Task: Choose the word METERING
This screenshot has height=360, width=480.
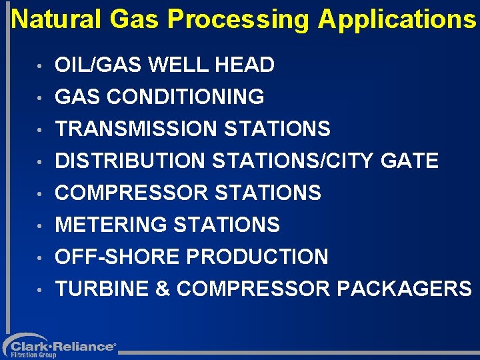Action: [x=111, y=225]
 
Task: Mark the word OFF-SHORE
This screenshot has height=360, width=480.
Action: [x=119, y=257]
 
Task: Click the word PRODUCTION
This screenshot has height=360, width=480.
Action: [x=259, y=257]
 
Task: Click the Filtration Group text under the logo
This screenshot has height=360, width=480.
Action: [x=33, y=355]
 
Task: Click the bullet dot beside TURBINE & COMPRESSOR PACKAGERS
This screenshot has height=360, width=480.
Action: [x=41, y=291]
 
